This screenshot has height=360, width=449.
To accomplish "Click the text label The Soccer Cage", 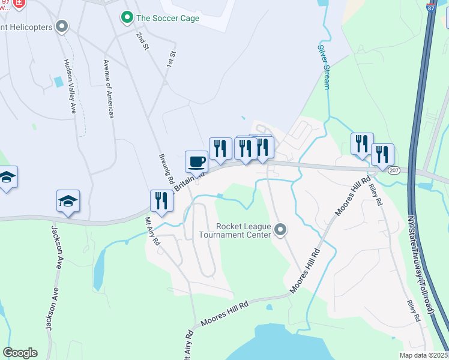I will (167, 18).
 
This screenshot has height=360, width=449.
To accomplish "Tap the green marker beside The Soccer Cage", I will (127, 17).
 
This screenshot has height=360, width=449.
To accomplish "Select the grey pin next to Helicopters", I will (62, 26).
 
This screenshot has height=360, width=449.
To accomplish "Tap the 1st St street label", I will (171, 58).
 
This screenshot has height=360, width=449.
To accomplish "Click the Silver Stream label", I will (324, 67).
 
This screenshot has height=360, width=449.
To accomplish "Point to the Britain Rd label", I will (188, 179).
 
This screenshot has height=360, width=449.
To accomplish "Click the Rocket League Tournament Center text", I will (246, 230).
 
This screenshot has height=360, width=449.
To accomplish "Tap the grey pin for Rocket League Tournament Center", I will (280, 230).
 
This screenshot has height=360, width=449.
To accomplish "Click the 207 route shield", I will (393, 170).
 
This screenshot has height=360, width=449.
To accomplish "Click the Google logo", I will (20, 353).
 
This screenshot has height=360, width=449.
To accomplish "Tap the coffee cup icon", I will (196, 161).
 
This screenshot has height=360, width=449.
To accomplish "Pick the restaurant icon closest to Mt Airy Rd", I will (161, 200).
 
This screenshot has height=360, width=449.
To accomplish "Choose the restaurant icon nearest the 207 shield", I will (382, 154).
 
